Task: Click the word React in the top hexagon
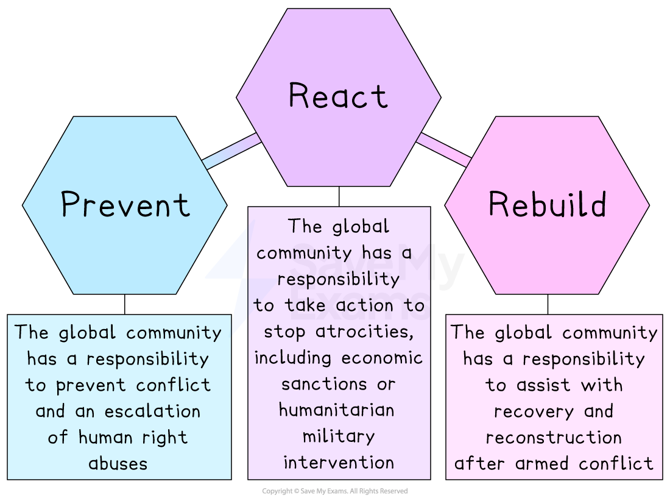(338, 96)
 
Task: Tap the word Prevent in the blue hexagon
(125, 205)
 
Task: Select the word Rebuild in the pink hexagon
(547, 204)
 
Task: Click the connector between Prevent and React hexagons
(231, 151)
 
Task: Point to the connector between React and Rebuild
(444, 149)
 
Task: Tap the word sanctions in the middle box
(316, 384)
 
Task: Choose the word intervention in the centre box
(338, 463)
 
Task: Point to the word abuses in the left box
(118, 464)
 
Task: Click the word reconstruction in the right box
(554, 438)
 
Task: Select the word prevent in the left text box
(93, 386)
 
